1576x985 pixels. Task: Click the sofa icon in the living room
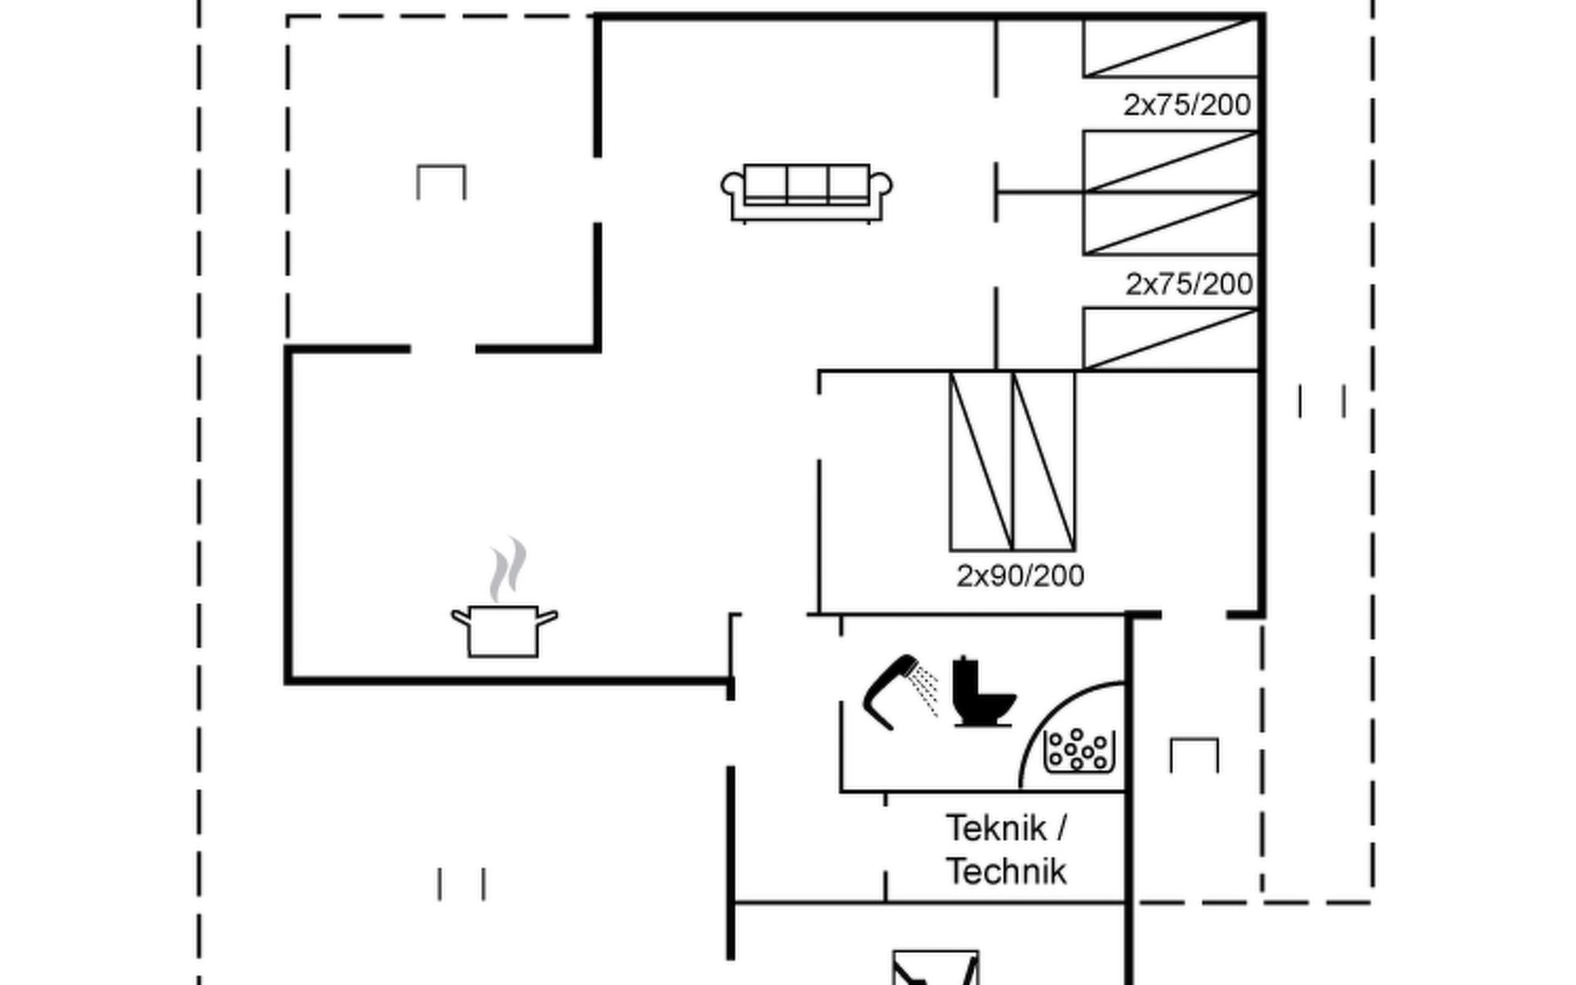[x=807, y=194]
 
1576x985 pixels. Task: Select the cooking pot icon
[x=504, y=631]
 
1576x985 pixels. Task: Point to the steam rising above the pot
[x=507, y=569]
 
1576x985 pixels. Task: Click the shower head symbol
[x=900, y=692]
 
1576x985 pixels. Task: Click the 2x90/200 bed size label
[x=1020, y=576]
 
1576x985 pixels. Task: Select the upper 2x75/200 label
[x=1187, y=105]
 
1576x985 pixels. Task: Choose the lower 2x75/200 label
[x=1189, y=284]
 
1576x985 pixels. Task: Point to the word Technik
[x=1006, y=871]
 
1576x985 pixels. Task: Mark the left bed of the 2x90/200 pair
[x=982, y=460]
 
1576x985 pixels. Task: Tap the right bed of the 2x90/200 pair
[x=1044, y=460]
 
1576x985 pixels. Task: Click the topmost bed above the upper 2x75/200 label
[x=1171, y=48]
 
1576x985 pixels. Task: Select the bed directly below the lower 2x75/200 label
[x=1171, y=339]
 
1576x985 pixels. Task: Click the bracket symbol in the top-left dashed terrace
[x=442, y=182]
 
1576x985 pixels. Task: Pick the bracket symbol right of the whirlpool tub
[x=1194, y=755]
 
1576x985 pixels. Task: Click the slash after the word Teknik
[x=1062, y=828]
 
